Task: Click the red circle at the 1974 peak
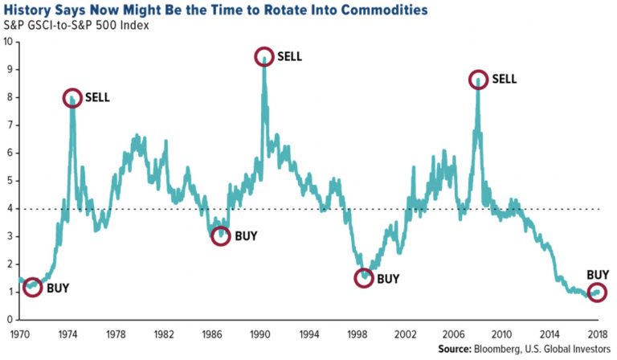point(72,98)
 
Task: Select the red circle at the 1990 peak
point(264,57)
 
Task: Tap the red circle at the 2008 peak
point(479,79)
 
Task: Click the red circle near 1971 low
point(32,287)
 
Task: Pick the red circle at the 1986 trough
point(221,236)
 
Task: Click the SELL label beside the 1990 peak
point(292,57)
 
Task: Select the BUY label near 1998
point(389,279)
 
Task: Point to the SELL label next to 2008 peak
point(505,79)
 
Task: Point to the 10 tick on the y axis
point(7,42)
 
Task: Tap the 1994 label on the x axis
point(308,332)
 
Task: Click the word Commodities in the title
point(375,12)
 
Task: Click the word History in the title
point(38,12)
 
